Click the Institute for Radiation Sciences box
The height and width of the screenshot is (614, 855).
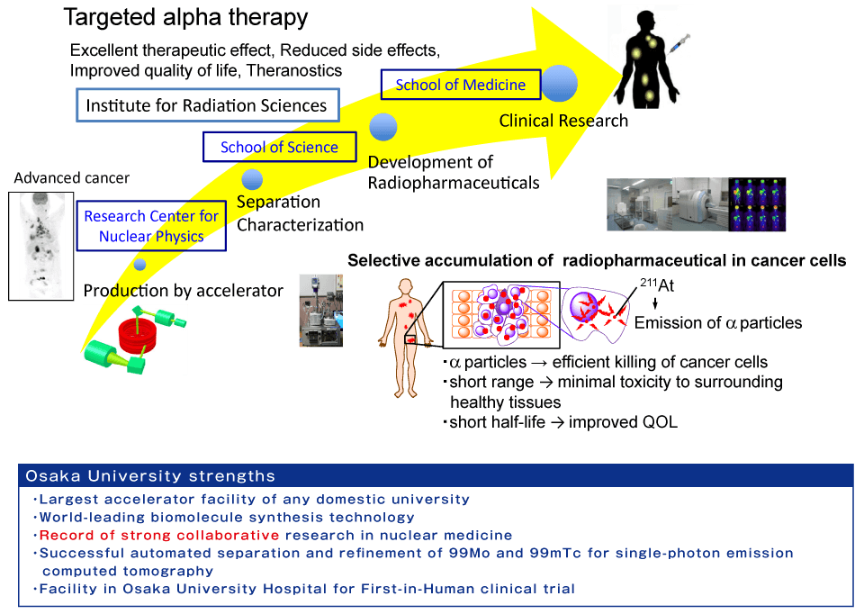[x=206, y=105]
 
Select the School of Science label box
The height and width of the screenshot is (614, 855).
[x=280, y=147]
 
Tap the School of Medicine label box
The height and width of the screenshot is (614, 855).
[x=460, y=85]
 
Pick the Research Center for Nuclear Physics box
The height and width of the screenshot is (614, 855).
[x=151, y=226]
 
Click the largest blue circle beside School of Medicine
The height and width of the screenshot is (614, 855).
[x=559, y=84]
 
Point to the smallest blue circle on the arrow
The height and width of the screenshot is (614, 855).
[x=139, y=265]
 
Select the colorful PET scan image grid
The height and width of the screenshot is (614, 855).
[x=758, y=206]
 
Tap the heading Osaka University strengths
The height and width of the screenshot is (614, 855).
[x=150, y=475]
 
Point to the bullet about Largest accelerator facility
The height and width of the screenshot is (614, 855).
[x=253, y=499]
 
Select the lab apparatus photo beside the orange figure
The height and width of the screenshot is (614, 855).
[x=321, y=311]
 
